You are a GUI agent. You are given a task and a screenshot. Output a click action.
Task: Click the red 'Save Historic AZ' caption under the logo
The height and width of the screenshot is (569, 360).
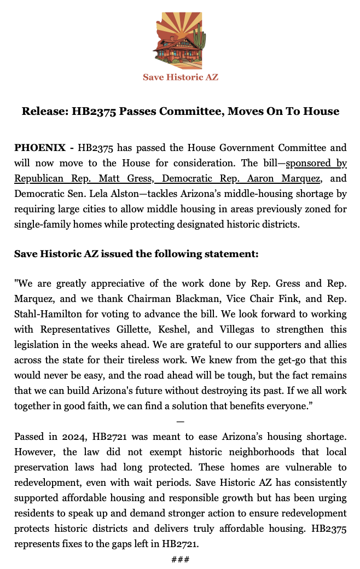pos(181,77)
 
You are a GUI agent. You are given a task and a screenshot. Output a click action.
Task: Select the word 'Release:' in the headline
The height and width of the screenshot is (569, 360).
pos(44,112)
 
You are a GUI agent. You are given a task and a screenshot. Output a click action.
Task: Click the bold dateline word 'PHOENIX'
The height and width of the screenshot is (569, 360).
pos(38,148)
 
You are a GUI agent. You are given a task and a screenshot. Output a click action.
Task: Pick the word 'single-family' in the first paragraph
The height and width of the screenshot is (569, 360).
pos(43,224)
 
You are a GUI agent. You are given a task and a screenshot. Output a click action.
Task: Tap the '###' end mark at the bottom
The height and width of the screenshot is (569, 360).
pos(181,559)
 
